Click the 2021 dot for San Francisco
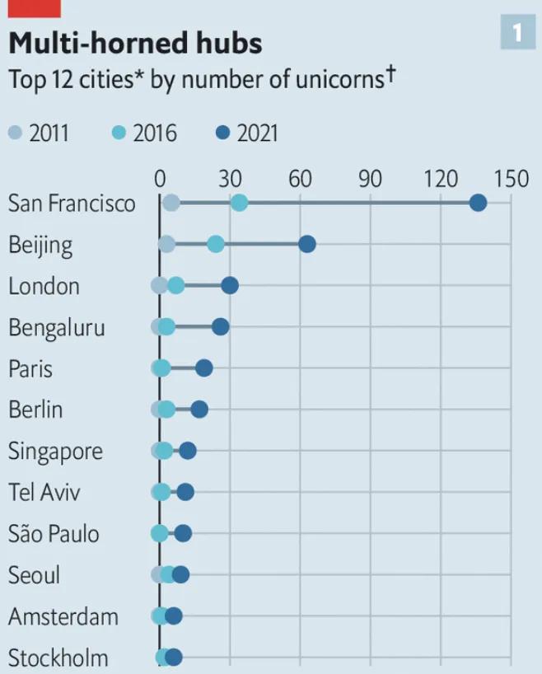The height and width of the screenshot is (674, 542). [477, 203]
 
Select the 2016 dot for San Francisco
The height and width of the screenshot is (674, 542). [239, 203]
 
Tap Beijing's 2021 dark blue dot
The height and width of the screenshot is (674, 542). [306, 244]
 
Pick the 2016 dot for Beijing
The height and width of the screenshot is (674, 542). [215, 244]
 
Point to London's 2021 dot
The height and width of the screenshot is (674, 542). [230, 285]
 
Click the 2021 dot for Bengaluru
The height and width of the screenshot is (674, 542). [220, 327]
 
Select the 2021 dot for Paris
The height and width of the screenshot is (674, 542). [203, 368]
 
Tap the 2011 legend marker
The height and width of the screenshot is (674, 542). [16, 133]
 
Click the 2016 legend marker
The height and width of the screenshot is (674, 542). [119, 133]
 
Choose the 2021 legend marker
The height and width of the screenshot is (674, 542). [223, 133]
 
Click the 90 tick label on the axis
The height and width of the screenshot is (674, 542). [371, 178]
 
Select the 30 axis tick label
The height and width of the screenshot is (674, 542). [231, 178]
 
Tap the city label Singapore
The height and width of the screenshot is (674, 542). [55, 452]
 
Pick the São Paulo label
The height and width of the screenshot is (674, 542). [54, 534]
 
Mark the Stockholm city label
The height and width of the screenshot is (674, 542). [58, 658]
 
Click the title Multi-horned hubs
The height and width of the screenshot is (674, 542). [135, 43]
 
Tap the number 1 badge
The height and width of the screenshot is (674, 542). [517, 33]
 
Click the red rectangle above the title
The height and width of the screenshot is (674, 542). [35, 8]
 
